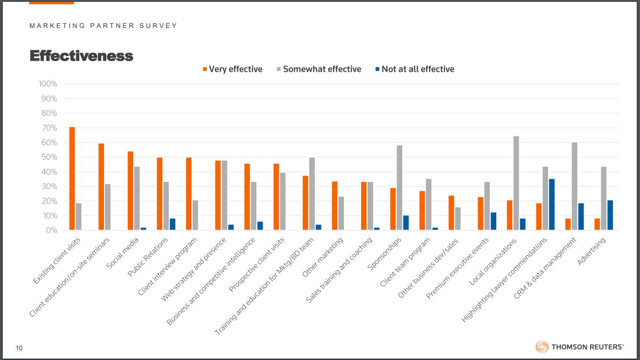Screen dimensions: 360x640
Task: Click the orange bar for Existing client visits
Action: pos(72,179)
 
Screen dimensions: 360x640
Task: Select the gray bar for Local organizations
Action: pos(516,183)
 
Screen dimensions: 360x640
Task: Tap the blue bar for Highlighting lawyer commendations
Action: pos(552,205)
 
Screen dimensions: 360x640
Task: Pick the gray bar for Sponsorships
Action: pos(399,188)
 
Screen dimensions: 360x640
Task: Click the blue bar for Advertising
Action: pos(610,215)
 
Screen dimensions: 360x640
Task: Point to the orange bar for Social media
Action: pos(130,191)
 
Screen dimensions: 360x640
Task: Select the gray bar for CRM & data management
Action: pos(574,186)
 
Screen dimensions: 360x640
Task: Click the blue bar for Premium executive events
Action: pos(494,221)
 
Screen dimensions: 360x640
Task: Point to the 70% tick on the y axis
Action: pos(49,128)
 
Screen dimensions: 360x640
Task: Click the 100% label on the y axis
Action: pos(48,84)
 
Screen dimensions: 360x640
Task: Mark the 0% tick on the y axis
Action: pos(51,230)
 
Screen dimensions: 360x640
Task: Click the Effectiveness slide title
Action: pos(81,56)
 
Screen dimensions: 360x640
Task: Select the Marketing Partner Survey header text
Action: pos(103,26)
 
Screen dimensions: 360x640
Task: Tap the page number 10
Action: pos(19,348)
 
